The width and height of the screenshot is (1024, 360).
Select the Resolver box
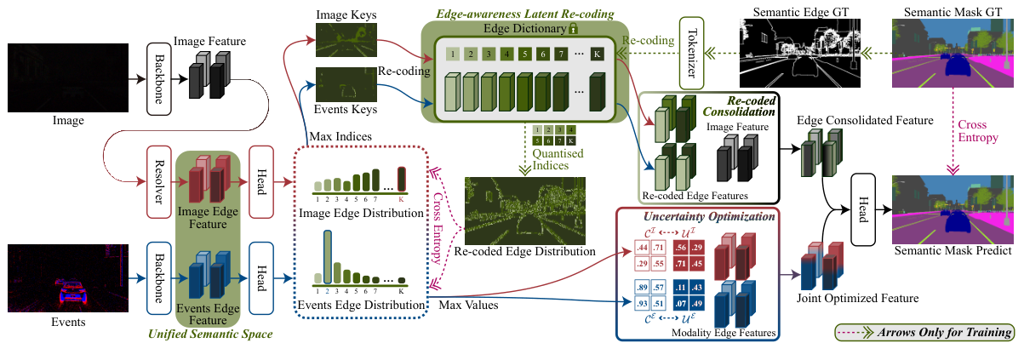[x=158, y=181]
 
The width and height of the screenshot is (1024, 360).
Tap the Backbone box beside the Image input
[x=158, y=78]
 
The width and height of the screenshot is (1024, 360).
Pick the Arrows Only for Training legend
[x=923, y=332]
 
